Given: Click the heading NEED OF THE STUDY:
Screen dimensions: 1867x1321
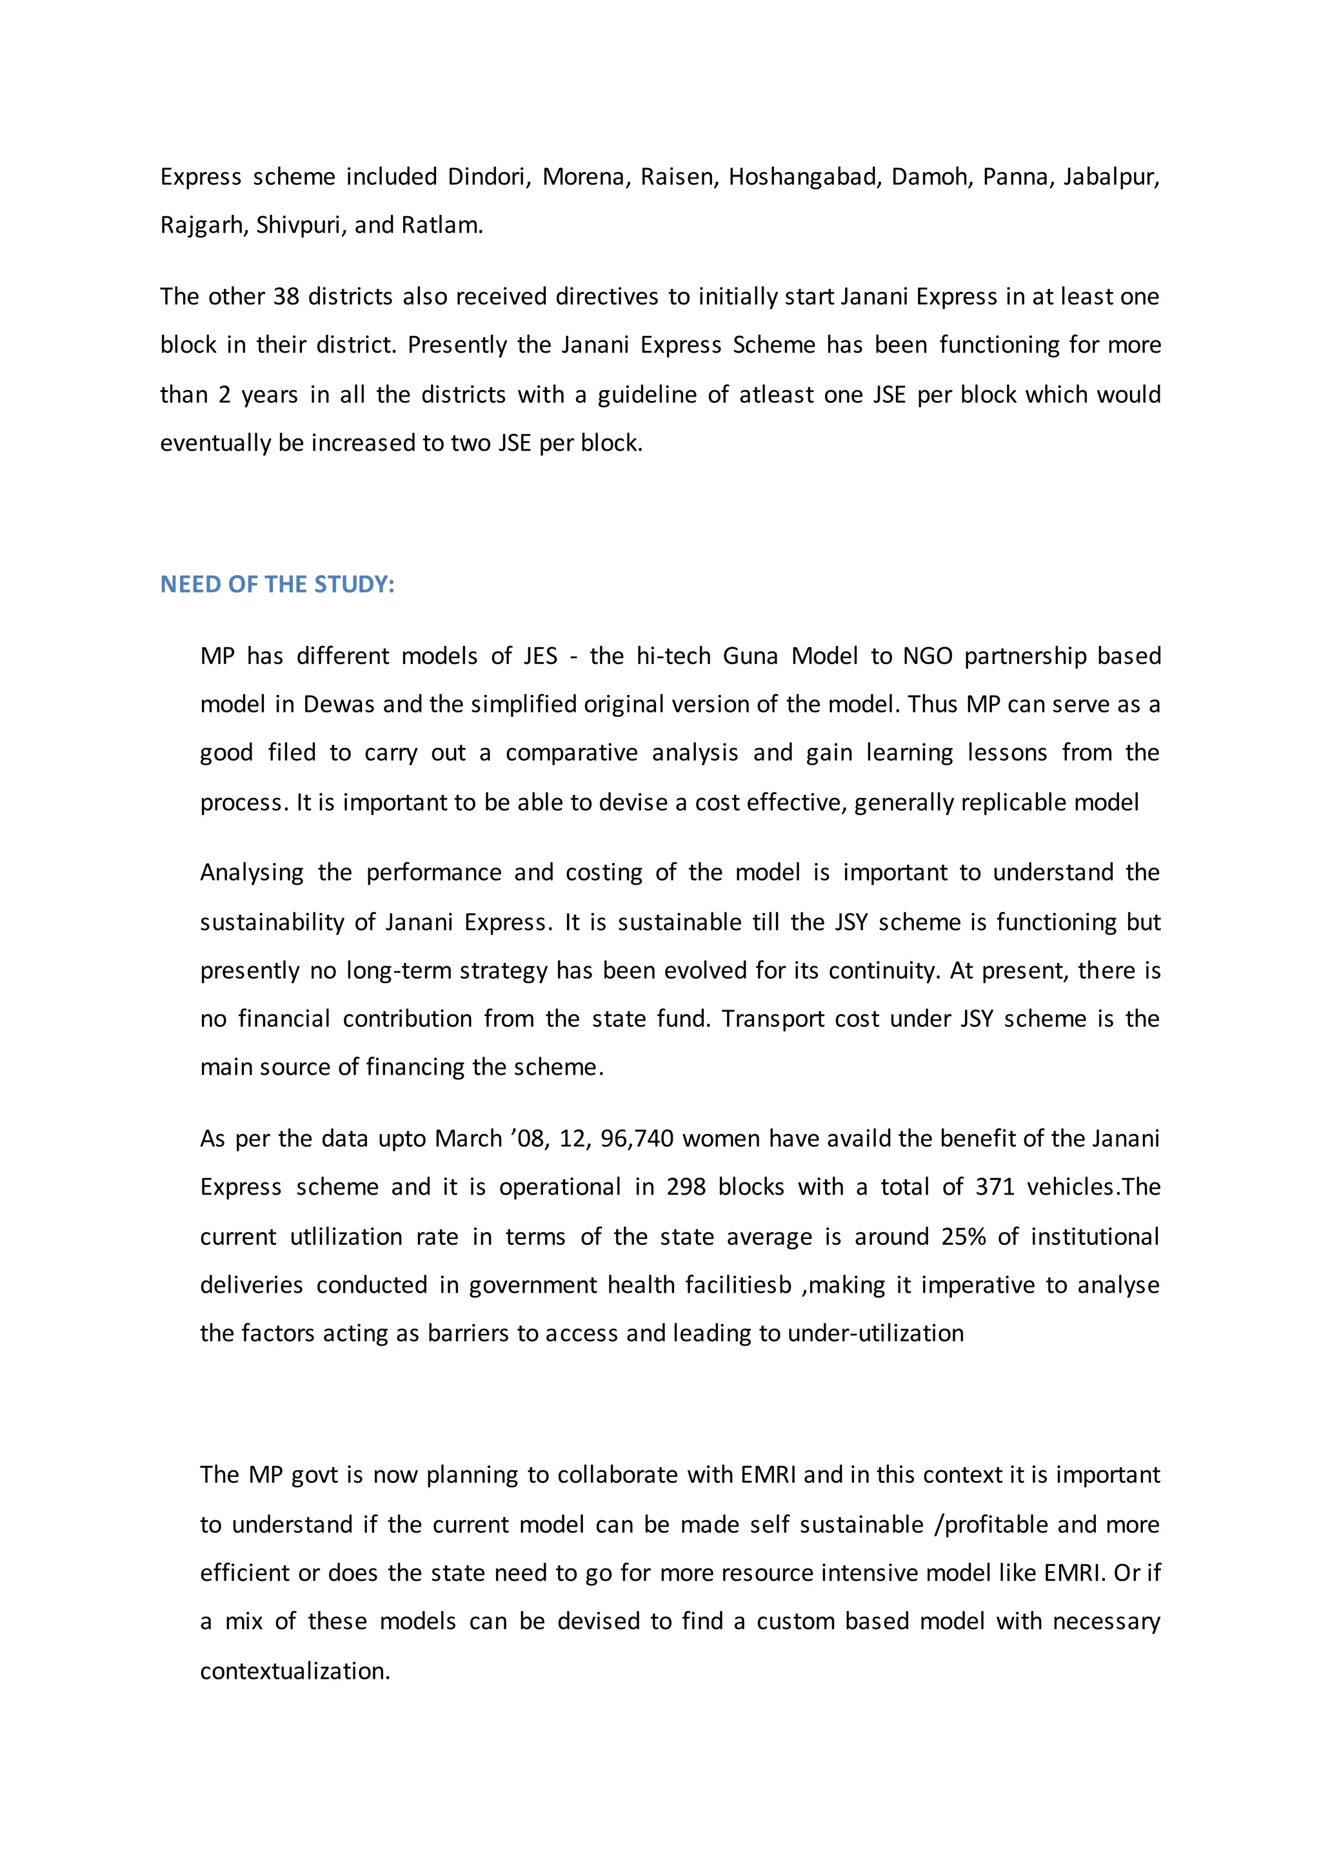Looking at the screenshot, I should pyautogui.click(x=277, y=585).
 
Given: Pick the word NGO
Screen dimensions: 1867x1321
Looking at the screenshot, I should pyautogui.click(x=928, y=656).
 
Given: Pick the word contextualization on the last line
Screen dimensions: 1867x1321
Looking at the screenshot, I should pyautogui.click(x=295, y=1671).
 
